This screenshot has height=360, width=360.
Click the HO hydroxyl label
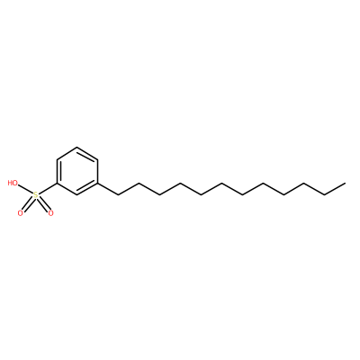(x=13, y=183)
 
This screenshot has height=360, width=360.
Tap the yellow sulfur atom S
(x=36, y=195)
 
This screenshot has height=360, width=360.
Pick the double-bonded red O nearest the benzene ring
(x=50, y=213)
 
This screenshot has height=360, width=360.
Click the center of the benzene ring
(x=77, y=171)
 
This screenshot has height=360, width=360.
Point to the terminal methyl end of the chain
(x=346, y=183)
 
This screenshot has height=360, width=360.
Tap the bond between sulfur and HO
(x=25, y=189)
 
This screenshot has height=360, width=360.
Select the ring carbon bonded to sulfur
(x=57, y=183)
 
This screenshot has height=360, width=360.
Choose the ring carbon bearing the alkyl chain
(x=98, y=183)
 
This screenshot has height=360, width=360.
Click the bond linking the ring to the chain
(x=108, y=189)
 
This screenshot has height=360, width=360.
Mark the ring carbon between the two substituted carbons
(x=77, y=195)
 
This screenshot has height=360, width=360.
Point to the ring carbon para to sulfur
(x=98, y=159)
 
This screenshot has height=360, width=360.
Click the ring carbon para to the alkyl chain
(x=57, y=159)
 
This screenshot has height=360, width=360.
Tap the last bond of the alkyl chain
(x=336, y=189)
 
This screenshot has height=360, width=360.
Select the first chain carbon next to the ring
(x=119, y=195)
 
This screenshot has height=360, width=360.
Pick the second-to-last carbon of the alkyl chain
(x=325, y=195)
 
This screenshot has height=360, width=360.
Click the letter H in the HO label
(x=10, y=183)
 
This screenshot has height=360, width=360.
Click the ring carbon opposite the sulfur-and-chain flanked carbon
(x=77, y=147)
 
